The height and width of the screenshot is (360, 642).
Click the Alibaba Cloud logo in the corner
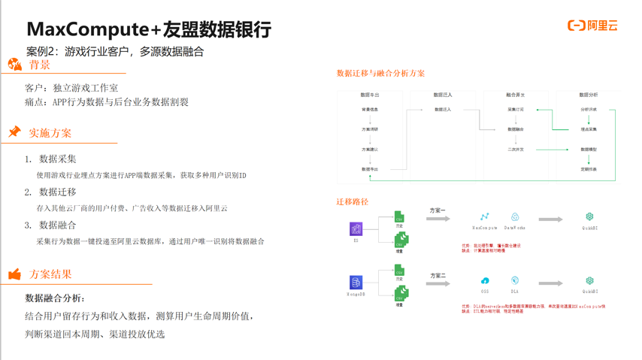(x=592, y=26)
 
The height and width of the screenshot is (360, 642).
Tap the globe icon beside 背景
(x=15, y=65)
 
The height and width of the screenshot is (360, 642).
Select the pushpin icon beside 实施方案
(x=14, y=132)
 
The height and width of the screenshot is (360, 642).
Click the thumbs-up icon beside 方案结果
(x=14, y=274)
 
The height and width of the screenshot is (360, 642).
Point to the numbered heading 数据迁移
(x=58, y=192)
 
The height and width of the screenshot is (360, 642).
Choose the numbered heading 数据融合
(x=58, y=225)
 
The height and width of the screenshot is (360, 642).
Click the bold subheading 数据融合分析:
(x=56, y=298)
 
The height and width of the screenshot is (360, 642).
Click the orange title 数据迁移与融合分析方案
(x=381, y=74)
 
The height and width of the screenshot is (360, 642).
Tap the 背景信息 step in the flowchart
(x=370, y=110)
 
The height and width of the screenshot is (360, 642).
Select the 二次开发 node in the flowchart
(x=516, y=150)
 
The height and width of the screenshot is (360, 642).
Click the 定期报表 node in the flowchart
(x=589, y=170)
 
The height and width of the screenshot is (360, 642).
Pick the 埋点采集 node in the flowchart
(x=589, y=129)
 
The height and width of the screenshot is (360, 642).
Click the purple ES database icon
(x=356, y=228)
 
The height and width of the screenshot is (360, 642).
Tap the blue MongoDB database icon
(x=356, y=283)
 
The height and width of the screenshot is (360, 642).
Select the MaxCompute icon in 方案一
(x=485, y=217)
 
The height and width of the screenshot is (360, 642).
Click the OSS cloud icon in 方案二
(x=485, y=281)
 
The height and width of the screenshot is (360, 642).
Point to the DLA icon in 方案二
(x=515, y=281)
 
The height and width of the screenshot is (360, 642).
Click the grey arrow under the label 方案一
(x=438, y=219)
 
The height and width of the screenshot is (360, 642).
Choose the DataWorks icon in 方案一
(x=515, y=217)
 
